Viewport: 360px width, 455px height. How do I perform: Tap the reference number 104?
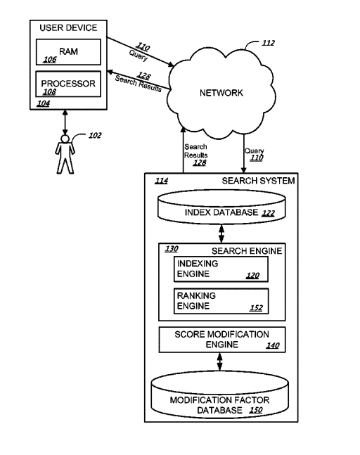[x=43, y=103]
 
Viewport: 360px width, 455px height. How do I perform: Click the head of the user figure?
[x=65, y=139]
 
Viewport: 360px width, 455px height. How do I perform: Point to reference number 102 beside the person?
[x=95, y=136]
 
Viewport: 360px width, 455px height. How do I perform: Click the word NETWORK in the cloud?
[x=221, y=93]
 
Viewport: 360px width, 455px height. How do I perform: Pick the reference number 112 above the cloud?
[x=268, y=43]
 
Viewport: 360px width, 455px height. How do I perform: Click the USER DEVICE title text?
[x=68, y=28]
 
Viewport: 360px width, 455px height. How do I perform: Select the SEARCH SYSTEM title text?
[x=258, y=181]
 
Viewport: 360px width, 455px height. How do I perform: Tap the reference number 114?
[x=161, y=181]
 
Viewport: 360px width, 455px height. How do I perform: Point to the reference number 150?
[x=256, y=410]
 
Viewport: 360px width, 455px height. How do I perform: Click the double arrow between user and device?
[x=65, y=122]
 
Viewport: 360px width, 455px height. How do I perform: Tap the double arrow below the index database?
[x=221, y=233]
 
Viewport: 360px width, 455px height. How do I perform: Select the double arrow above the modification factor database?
[x=220, y=361]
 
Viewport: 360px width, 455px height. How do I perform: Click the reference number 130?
[x=172, y=249]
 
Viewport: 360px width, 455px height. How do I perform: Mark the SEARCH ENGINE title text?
[x=247, y=251]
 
